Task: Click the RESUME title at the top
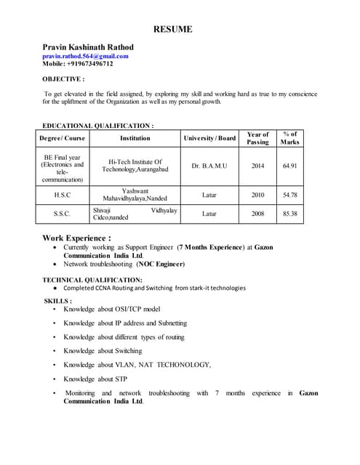pyautogui.click(x=172, y=29)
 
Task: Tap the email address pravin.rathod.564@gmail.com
pyautogui.click(x=85, y=56)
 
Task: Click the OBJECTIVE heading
pyautogui.click(x=63, y=78)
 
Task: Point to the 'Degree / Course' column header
pyautogui.click(x=62, y=138)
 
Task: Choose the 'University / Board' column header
pyautogui.click(x=209, y=138)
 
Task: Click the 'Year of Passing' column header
pyautogui.click(x=257, y=138)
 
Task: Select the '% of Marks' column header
pyautogui.click(x=290, y=138)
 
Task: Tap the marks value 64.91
pyautogui.click(x=290, y=166)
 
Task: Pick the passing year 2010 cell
pyautogui.click(x=257, y=195)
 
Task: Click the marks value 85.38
pyautogui.click(x=290, y=214)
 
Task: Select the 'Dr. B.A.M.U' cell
pyautogui.click(x=209, y=166)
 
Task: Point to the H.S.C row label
pyautogui.click(x=62, y=195)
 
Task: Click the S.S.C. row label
pyautogui.click(x=62, y=214)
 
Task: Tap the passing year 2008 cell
pyautogui.click(x=257, y=214)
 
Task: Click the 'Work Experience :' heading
pyautogui.click(x=76, y=238)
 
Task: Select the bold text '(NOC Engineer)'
pyautogui.click(x=160, y=264)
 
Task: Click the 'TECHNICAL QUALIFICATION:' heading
pyautogui.click(x=92, y=280)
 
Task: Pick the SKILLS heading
pyautogui.click(x=58, y=300)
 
